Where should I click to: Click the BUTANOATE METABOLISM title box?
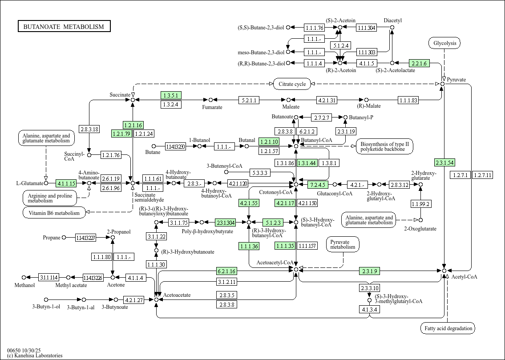click(64, 27)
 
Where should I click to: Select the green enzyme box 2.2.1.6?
click(419, 63)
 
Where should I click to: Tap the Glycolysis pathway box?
click(444, 43)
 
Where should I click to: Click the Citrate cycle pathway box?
click(292, 84)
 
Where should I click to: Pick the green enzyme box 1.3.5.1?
click(170, 95)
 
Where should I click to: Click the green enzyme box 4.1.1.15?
click(67, 183)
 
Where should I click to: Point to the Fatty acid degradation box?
click(448, 328)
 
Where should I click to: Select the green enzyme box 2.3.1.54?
click(444, 162)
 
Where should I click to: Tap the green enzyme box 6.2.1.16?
click(226, 271)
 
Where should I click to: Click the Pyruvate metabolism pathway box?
click(343, 244)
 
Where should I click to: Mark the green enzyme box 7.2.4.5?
click(318, 184)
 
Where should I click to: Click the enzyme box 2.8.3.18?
click(89, 129)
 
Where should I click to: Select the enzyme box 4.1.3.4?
click(369, 309)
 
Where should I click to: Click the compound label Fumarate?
click(212, 107)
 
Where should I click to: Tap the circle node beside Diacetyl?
click(392, 28)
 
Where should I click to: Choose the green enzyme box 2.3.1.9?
click(369, 271)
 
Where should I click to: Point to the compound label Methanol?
click(24, 285)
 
